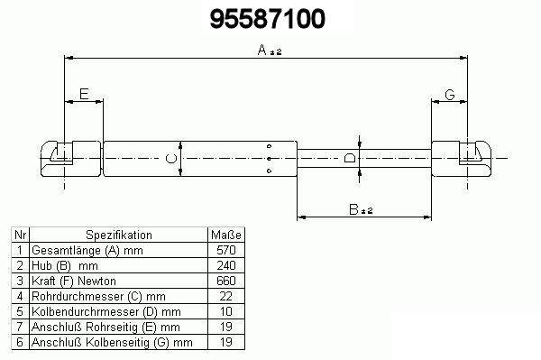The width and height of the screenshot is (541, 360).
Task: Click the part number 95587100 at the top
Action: click(268, 19)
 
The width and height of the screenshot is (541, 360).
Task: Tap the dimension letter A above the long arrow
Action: click(262, 50)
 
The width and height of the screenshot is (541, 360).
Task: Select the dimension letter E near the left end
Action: click(84, 94)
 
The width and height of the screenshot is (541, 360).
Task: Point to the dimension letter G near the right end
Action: click(450, 95)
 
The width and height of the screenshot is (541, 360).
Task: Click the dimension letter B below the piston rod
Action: click(353, 209)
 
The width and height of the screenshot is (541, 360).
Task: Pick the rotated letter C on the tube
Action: click(171, 159)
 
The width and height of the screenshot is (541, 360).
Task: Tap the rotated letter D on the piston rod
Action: click(350, 159)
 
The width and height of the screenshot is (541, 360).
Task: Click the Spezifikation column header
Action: click(119, 235)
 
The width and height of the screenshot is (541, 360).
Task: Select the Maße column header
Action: click(226, 235)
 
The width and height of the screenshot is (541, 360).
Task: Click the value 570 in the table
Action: click(226, 250)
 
